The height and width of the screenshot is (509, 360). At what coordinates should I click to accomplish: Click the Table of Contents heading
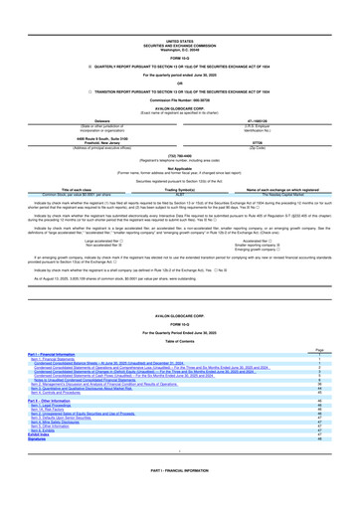[180, 340]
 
